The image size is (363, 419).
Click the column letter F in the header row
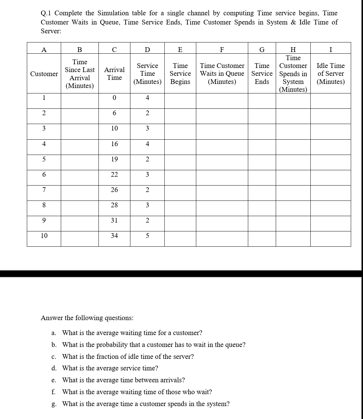click(222, 50)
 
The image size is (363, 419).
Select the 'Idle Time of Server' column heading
click(330, 73)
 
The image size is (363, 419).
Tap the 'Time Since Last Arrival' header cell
click(79, 74)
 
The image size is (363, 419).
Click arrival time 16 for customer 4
click(114, 144)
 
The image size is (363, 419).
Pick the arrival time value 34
click(114, 235)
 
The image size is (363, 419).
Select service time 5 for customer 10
click(147, 236)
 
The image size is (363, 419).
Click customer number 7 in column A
click(44, 190)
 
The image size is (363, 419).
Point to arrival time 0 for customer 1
click(114, 98)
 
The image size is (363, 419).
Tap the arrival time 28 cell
click(114, 205)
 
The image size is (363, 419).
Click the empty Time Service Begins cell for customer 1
click(180, 101)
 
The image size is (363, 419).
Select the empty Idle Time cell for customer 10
click(330, 239)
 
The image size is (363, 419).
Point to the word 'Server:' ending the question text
click(51, 31)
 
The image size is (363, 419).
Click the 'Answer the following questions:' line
click(87, 318)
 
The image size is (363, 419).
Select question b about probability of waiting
click(153, 345)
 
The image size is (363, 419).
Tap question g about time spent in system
click(146, 404)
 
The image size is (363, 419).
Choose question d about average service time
click(110, 368)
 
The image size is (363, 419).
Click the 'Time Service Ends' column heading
click(262, 73)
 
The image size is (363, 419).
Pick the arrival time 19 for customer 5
click(114, 159)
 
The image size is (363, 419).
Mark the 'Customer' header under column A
click(44, 74)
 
